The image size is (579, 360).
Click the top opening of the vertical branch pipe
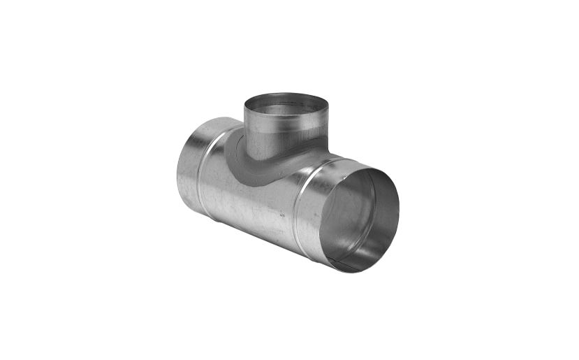[286, 106]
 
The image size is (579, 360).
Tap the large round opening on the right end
[360, 217]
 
